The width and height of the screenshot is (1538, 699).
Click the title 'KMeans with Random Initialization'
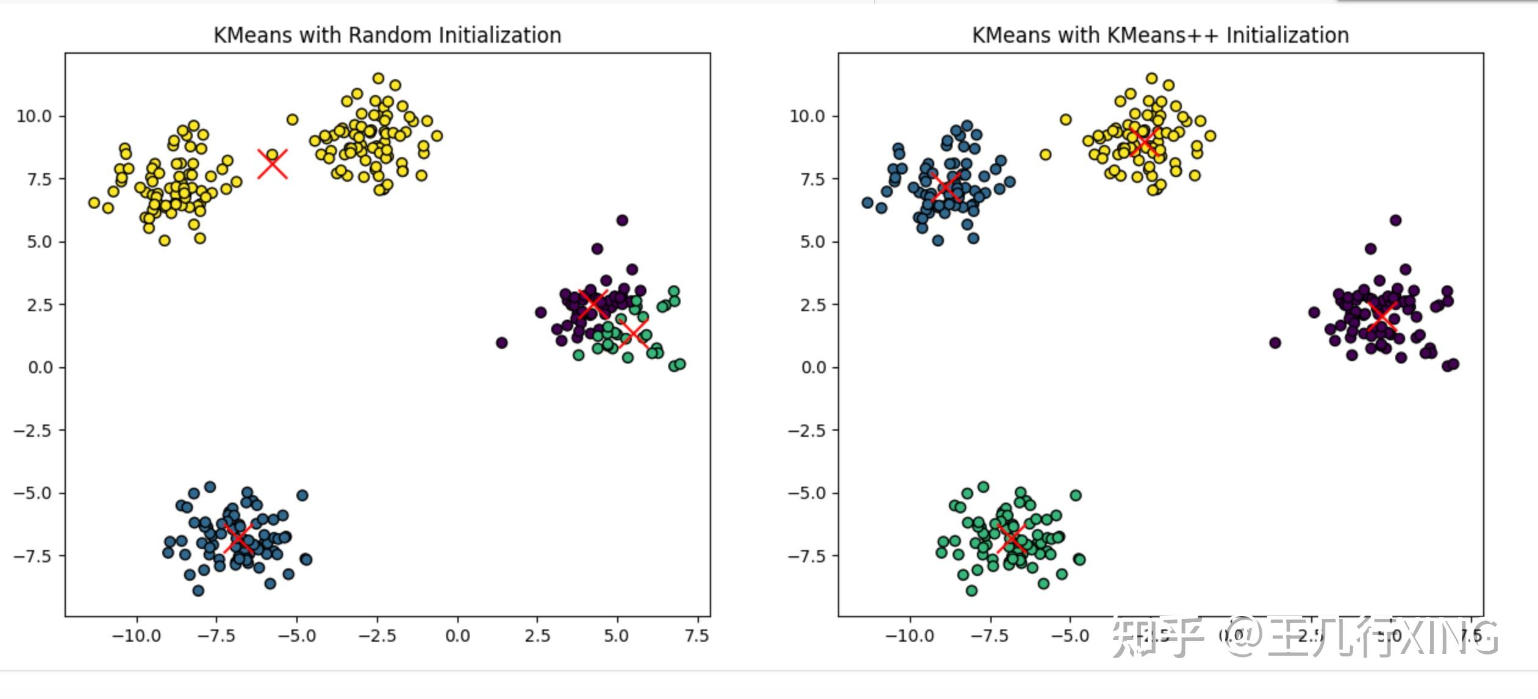(387, 35)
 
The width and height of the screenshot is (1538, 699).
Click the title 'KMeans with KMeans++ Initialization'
(1160, 35)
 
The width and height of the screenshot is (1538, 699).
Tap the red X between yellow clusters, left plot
(272, 164)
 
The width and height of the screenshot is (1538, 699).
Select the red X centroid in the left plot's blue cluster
(238, 538)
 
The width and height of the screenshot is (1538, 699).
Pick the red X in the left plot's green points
(632, 332)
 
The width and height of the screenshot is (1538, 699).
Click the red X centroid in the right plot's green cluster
(1012, 537)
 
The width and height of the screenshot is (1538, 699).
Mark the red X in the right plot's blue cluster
(946, 187)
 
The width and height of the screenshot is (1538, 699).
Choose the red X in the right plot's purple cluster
(1381, 316)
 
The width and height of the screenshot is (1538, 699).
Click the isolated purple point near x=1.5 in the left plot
(501, 343)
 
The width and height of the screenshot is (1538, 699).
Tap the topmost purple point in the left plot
(622, 220)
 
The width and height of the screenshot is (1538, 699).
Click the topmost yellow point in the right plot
(1151, 78)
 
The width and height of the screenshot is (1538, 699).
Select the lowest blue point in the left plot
(198, 590)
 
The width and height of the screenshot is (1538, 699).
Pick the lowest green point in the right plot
(971, 590)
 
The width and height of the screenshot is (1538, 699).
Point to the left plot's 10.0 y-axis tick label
(34, 116)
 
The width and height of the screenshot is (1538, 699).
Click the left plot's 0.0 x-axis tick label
(457, 636)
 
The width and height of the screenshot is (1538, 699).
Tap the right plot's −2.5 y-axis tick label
(806, 431)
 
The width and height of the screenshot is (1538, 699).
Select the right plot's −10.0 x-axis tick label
(909, 636)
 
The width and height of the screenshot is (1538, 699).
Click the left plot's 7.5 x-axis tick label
(696, 636)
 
